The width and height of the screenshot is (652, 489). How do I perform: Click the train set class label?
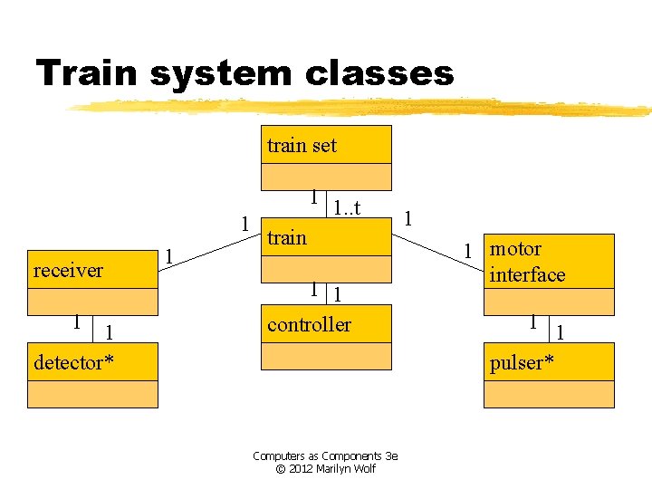(302, 145)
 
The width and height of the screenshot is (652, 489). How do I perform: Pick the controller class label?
(309, 324)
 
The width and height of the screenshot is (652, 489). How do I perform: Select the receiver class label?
(68, 270)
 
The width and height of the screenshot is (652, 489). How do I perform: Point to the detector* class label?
(73, 363)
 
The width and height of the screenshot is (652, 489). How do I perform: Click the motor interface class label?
(527, 262)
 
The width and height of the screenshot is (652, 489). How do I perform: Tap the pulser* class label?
(522, 363)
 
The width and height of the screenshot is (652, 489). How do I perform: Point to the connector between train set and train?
(326, 203)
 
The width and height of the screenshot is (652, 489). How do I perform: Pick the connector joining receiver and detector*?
(93, 329)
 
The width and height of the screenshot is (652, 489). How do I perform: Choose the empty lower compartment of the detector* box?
(93, 394)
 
